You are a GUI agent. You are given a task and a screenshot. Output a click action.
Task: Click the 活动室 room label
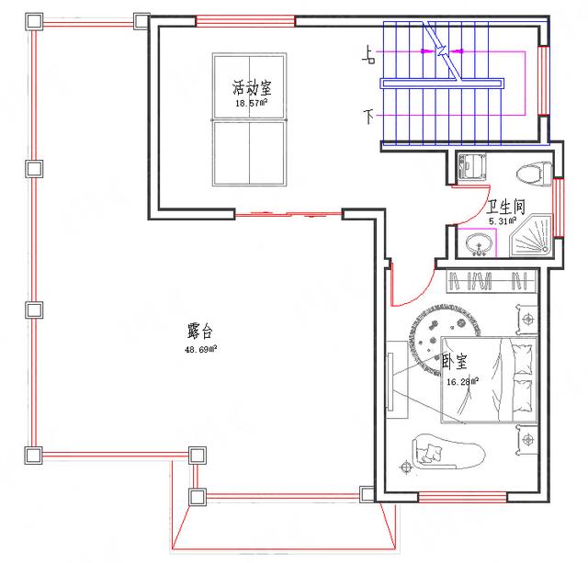251,89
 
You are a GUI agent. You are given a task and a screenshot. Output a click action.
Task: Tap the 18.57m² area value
251,104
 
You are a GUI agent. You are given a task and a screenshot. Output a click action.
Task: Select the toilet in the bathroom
533,173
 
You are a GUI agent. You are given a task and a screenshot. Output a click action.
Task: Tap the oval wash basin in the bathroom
478,244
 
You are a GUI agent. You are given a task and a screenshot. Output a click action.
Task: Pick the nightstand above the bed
528,320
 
